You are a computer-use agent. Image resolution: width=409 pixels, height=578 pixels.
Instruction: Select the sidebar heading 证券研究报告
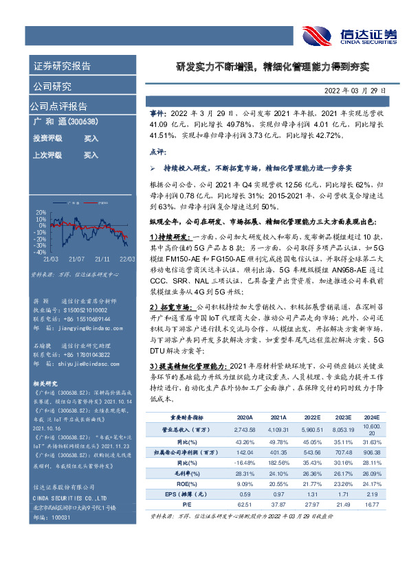coord(62,67)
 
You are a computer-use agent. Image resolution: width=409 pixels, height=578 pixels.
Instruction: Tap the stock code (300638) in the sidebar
coord(80,122)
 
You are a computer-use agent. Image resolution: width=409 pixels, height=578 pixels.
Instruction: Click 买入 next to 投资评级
coord(91,139)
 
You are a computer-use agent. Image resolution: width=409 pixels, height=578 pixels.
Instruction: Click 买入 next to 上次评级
coord(91,155)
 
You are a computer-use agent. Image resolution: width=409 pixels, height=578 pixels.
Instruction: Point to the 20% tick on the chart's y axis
coord(42,211)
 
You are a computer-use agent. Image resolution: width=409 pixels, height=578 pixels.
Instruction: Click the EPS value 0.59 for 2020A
coord(245,494)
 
